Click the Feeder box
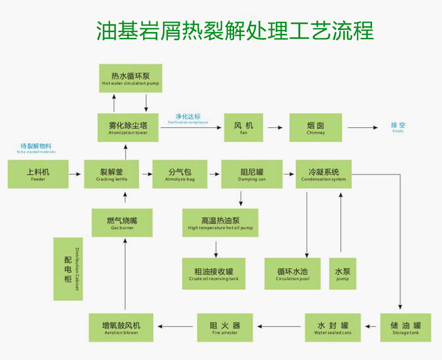[38, 174]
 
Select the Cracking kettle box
[112, 174]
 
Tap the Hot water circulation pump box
[130, 78]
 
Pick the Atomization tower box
[128, 128]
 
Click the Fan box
[243, 128]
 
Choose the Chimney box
[316, 128]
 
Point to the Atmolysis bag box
[180, 174]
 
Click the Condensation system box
[323, 174]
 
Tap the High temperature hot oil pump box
[220, 223]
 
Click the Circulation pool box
[292, 274]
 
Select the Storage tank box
[405, 327]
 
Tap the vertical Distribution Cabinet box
[68, 269]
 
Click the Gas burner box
[122, 223]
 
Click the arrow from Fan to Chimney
[275, 128]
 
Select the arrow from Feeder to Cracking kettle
[75, 173]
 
